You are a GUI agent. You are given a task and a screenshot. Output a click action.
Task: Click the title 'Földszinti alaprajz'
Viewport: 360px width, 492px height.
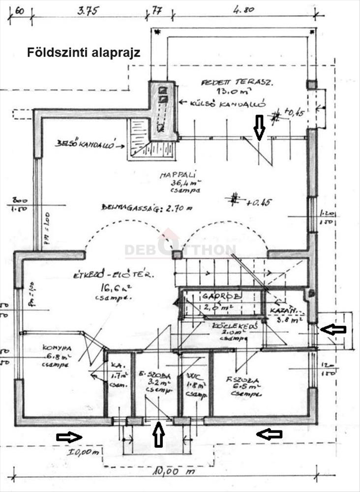point(84,53)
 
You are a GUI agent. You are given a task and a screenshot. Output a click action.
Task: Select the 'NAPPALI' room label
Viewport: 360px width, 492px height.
point(172,175)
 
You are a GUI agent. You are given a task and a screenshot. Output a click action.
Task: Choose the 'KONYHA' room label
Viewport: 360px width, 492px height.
point(57,346)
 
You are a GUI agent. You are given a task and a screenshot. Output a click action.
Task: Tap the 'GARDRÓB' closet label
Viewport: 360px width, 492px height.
point(221,296)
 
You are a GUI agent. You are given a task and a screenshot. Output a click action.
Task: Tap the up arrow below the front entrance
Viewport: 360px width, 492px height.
point(158,435)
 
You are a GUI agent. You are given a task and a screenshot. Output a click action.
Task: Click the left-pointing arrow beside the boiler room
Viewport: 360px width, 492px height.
point(332,330)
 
